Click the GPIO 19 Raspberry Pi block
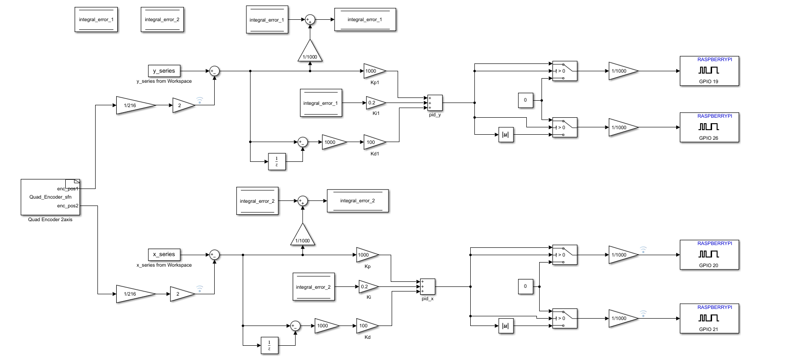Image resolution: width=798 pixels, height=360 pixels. pyautogui.click(x=709, y=71)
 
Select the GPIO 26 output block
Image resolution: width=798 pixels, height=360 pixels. pyautogui.click(x=709, y=127)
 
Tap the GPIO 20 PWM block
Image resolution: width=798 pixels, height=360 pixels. pyautogui.click(x=709, y=255)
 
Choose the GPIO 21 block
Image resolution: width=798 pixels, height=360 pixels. pyautogui.click(x=709, y=318)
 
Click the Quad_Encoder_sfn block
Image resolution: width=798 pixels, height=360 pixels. pyautogui.click(x=50, y=197)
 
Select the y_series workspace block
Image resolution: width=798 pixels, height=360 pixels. pyautogui.click(x=164, y=71)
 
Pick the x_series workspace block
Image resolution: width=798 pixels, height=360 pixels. pyautogui.click(x=164, y=254)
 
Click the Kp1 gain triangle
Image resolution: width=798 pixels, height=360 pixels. pyautogui.click(x=373, y=71)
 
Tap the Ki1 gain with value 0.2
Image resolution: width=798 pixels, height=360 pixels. pyautogui.click(x=374, y=103)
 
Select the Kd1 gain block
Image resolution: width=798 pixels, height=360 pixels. pyautogui.click(x=373, y=142)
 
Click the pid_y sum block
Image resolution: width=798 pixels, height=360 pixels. pyautogui.click(x=434, y=103)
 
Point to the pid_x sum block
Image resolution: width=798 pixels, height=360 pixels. pyautogui.click(x=427, y=286)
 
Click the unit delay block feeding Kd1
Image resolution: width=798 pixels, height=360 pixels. pyautogui.click(x=277, y=162)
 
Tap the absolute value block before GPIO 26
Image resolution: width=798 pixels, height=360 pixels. pyautogui.click(x=506, y=135)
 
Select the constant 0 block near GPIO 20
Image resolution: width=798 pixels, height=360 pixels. pyautogui.click(x=525, y=286)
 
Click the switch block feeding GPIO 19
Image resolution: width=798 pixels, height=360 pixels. pyautogui.click(x=564, y=71)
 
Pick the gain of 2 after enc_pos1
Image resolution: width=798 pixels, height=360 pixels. pyautogui.click(x=182, y=105)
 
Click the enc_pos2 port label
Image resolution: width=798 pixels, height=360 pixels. pyautogui.click(x=68, y=206)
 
